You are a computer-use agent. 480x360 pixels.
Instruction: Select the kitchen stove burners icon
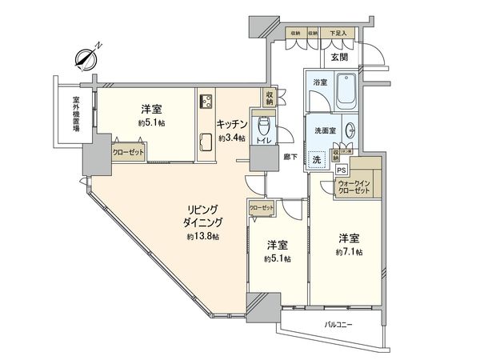pos(205,101)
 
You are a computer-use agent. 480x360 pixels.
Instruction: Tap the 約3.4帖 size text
pos(234,137)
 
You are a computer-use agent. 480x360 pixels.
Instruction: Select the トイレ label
pos(261,141)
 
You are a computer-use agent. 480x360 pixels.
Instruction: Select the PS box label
pos(341,170)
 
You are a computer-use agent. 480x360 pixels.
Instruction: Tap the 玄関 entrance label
pos(339,58)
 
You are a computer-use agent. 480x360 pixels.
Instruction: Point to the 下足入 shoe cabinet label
pos(339,33)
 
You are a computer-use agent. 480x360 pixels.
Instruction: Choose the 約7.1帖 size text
pos(350,252)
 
